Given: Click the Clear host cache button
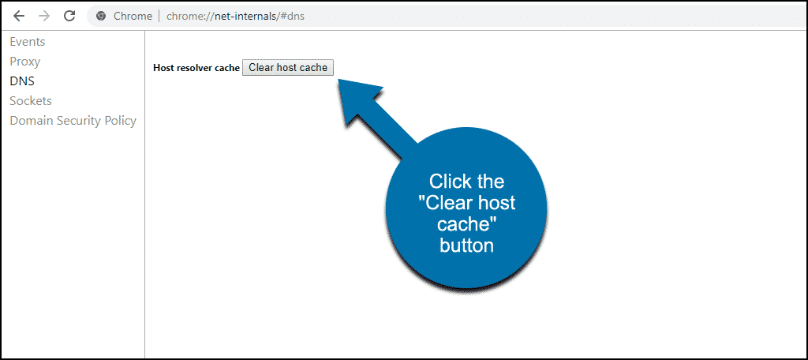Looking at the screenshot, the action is coord(288,68).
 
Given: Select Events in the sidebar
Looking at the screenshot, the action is coord(28,42).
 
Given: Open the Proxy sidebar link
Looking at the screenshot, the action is coord(24,62).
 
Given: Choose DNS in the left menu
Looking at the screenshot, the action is coord(22,81).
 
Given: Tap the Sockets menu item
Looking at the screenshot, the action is coord(31,101).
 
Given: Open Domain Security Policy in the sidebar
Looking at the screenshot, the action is coord(73,121).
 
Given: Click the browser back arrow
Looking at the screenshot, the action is coord(19,16).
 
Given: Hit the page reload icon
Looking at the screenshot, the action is coord(69,16).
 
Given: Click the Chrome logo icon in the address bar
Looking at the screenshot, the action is coord(101,16).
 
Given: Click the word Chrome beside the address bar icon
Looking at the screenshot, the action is coord(133,16).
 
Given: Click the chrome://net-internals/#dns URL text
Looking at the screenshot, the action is coord(235,16).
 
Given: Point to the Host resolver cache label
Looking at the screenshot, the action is coord(196,68).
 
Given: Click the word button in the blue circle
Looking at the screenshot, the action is coord(466,246).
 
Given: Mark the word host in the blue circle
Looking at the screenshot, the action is coord(496,203).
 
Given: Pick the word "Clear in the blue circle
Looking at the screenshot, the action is coord(445,203).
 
